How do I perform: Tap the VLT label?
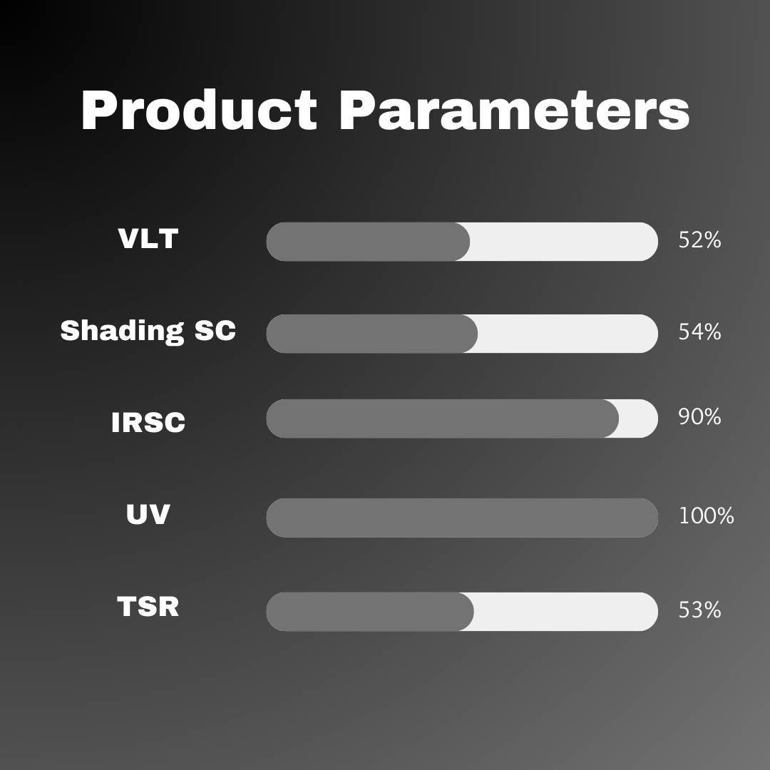pos(148,239)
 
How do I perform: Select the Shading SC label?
pos(148,331)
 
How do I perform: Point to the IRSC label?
pos(148,422)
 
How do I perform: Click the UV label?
pos(148,514)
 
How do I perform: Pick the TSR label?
pos(148,606)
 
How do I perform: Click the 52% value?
pos(700,240)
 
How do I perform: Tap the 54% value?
pos(700,332)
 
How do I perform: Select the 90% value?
pos(700,417)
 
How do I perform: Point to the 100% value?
pos(706,516)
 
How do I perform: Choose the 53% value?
pos(700,610)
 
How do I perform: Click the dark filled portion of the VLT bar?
pos(368,242)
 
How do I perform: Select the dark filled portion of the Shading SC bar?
pos(371,334)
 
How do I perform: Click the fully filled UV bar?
pos(462,518)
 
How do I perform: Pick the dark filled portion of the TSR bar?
pos(370,612)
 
